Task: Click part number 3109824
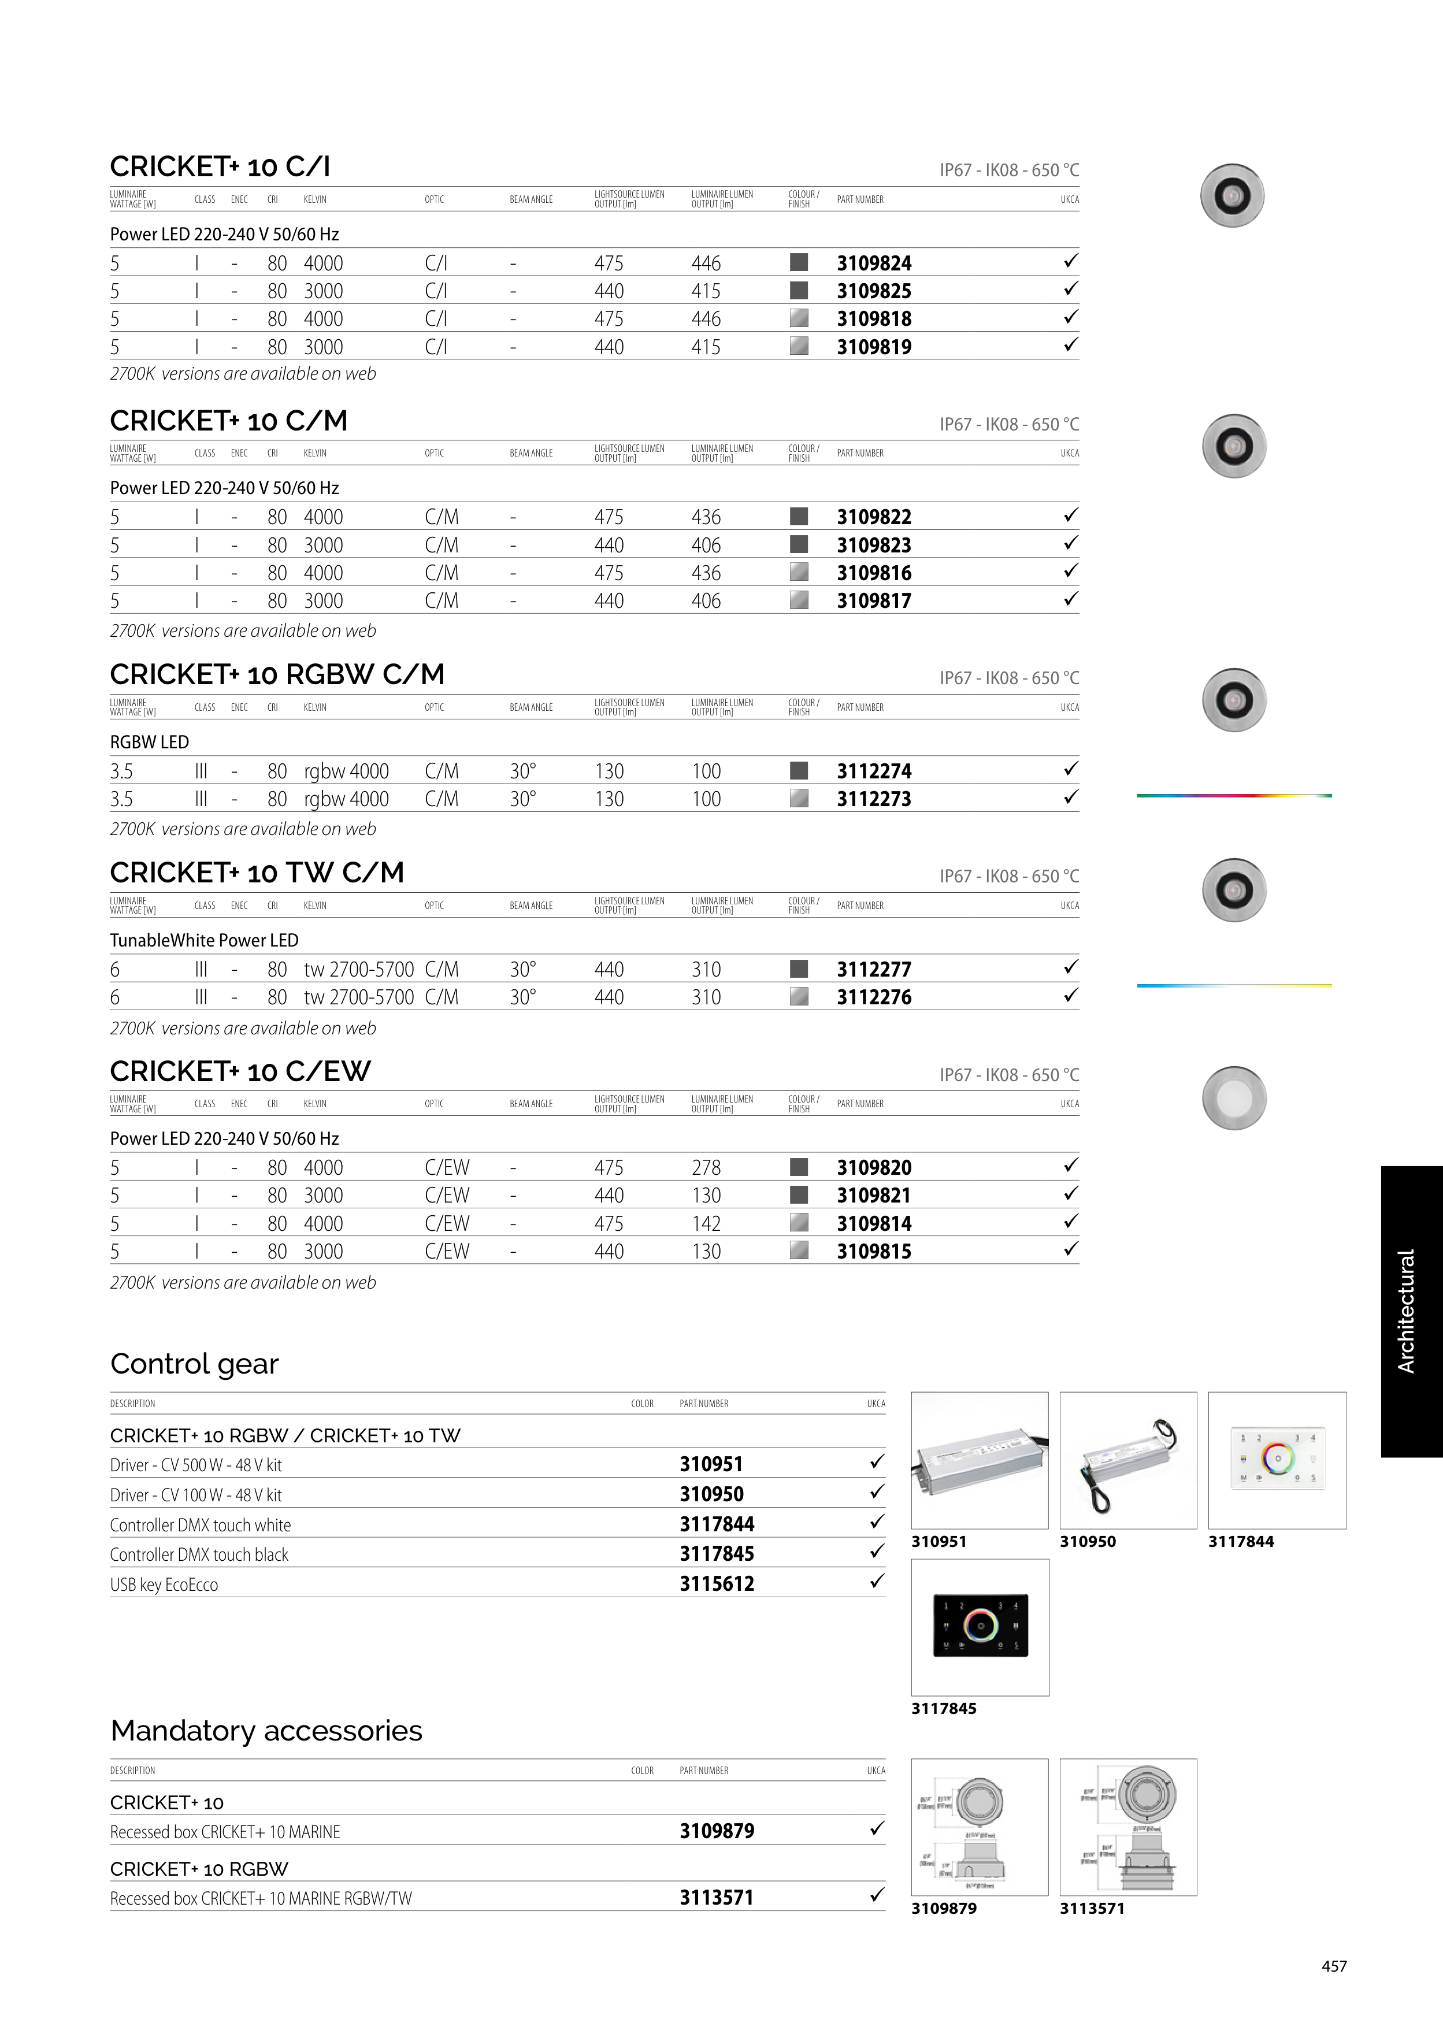coord(873,263)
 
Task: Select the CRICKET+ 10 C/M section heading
coord(228,421)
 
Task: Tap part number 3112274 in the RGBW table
coord(873,771)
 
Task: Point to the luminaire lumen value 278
coord(706,1167)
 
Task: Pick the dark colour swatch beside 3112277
coord(799,968)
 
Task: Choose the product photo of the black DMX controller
coord(980,1626)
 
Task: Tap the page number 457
coord(1334,1965)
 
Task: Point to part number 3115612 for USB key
coord(717,1583)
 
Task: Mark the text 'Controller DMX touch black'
coord(199,1554)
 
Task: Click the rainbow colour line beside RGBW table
coord(1233,796)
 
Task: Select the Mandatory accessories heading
coord(266,1730)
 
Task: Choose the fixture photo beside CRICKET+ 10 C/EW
coord(1233,1098)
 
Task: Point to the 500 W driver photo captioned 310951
coord(980,1460)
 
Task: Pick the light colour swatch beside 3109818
coord(799,318)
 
